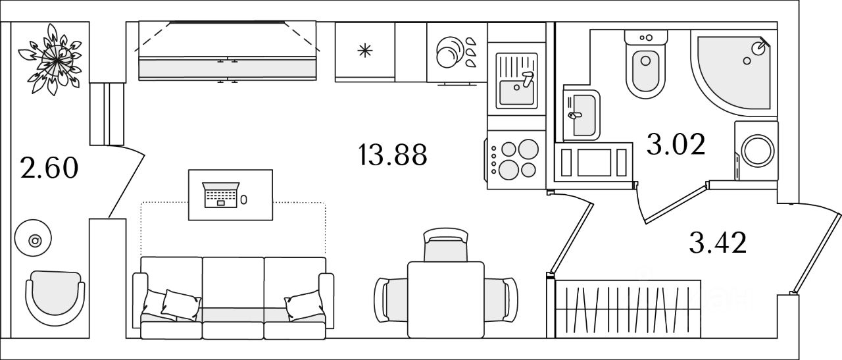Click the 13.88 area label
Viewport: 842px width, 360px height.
(393, 155)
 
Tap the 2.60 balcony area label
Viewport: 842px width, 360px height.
(49, 168)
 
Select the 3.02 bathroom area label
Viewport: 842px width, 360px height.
(676, 145)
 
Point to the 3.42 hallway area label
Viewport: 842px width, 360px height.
(718, 244)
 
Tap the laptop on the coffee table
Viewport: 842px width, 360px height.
(219, 195)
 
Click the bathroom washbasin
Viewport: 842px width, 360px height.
(582, 116)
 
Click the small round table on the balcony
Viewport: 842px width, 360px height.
(36, 240)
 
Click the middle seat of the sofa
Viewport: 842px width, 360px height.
(234, 296)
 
